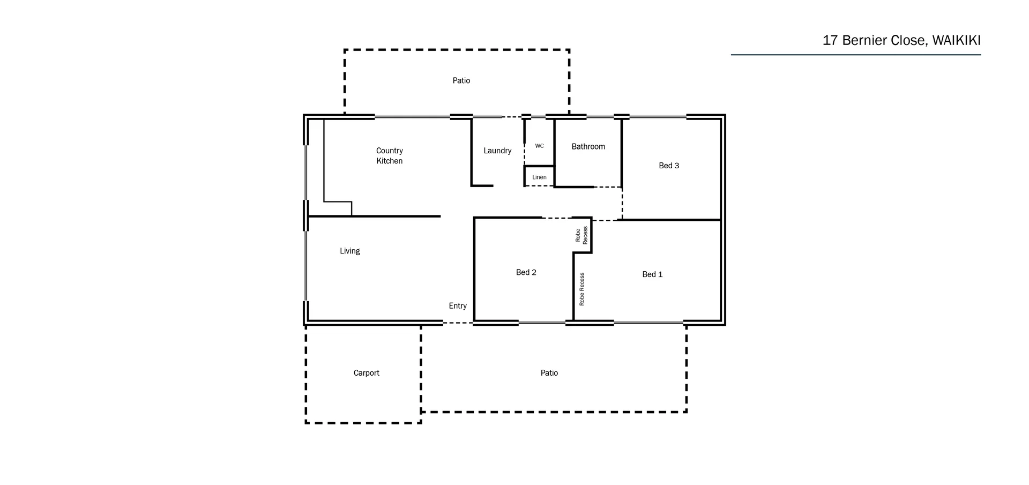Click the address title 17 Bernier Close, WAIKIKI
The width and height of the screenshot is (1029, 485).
pos(901,41)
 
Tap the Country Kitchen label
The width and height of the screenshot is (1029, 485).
pos(389,155)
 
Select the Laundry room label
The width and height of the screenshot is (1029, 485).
pos(497,151)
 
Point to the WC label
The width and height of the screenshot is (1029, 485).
pos(539,146)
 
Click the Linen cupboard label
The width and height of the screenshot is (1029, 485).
pos(539,177)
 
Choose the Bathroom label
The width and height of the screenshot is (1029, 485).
pos(588,146)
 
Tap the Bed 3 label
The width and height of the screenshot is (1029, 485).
pos(668,166)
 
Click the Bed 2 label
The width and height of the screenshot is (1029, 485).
pos(526,272)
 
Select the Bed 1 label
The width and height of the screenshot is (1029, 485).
pos(652,274)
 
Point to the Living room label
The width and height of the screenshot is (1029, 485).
pos(349,251)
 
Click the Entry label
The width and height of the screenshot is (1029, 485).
pos(457,305)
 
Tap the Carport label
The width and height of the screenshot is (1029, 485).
pos(366,373)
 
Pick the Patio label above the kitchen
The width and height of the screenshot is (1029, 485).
pos(461,80)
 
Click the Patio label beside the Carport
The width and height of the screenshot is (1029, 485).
pos(549,373)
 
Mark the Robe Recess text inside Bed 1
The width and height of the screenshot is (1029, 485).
pos(582,289)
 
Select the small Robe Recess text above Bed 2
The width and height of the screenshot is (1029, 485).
pos(581,235)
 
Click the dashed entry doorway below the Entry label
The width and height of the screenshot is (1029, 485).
pos(458,323)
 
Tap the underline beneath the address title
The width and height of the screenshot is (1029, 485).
pos(855,55)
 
